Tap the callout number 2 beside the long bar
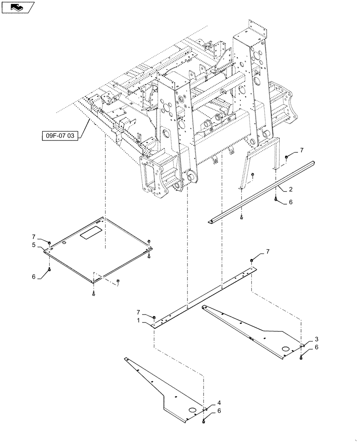(290, 190)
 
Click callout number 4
(219, 403)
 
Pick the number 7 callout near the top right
(302, 151)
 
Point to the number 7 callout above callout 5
(33, 237)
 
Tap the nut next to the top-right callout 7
(287, 156)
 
